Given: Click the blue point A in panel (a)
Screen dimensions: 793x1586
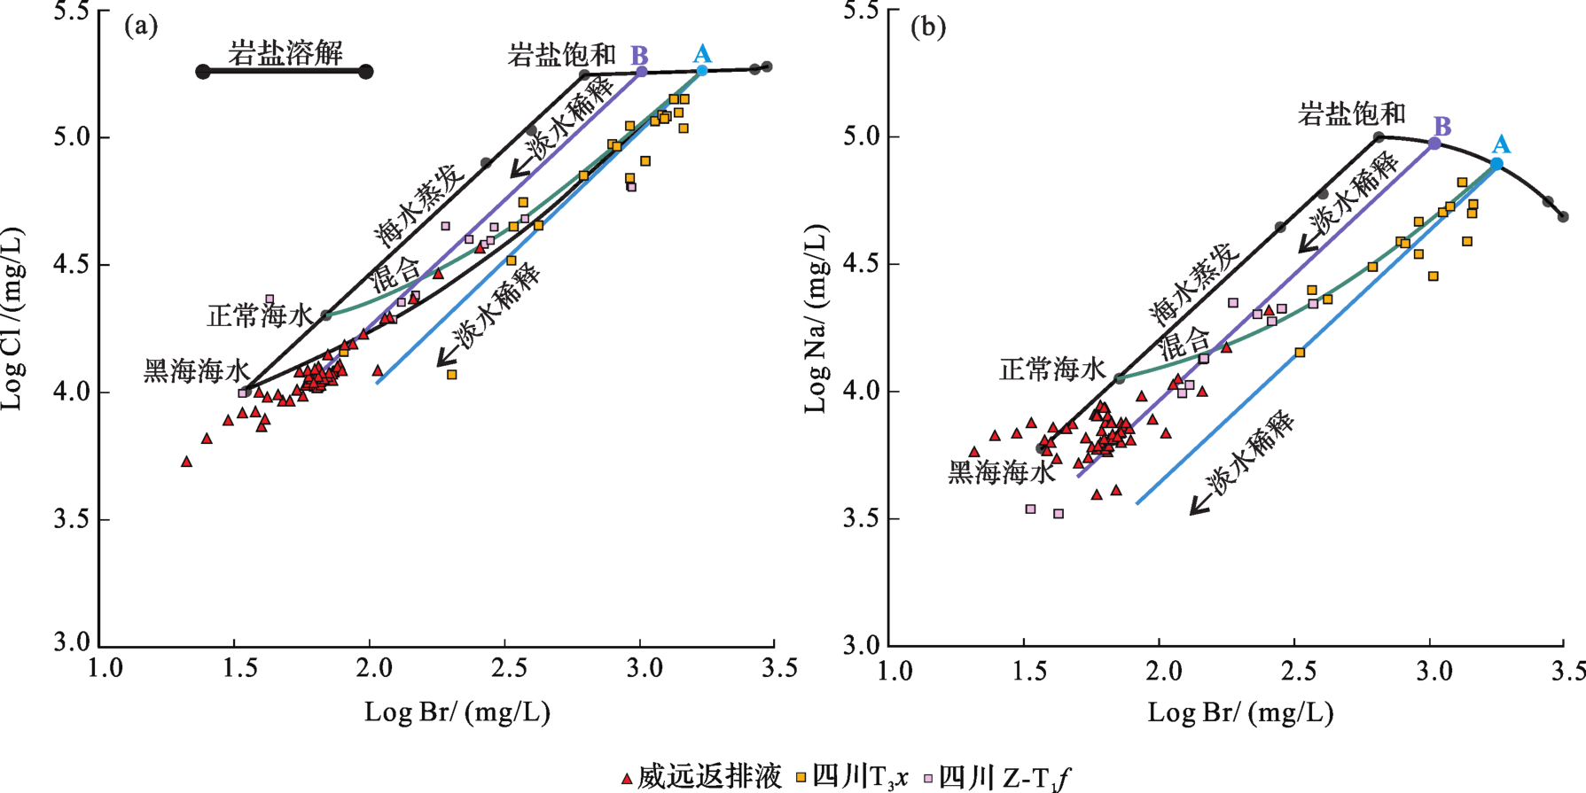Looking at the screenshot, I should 702,71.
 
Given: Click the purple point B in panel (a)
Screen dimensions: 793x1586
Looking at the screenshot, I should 642,72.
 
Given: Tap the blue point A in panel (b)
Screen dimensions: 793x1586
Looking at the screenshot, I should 1496,164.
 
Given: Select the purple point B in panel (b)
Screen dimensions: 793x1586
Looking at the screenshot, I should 1435,144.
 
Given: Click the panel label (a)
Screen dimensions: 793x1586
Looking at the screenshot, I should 141,27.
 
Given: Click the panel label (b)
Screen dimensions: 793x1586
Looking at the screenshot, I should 928,27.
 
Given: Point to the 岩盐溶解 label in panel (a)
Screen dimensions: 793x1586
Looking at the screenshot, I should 285,52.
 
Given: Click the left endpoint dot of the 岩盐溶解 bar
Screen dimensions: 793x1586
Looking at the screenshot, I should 203,72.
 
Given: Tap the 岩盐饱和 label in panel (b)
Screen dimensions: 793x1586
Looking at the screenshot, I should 1352,113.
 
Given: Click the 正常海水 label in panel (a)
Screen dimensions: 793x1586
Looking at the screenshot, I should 260,315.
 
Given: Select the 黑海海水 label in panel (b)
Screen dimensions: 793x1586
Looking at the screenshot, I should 1002,472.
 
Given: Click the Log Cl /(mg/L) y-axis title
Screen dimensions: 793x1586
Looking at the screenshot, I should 12,319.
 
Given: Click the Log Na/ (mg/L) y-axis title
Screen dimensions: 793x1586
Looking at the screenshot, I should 816,319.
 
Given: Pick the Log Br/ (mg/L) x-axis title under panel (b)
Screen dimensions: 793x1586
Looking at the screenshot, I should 1240,712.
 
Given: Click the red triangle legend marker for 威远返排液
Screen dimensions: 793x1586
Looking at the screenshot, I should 627,779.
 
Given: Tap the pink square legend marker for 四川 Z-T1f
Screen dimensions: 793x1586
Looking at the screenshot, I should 928,778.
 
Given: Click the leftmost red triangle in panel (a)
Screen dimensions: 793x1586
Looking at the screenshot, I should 186,462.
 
